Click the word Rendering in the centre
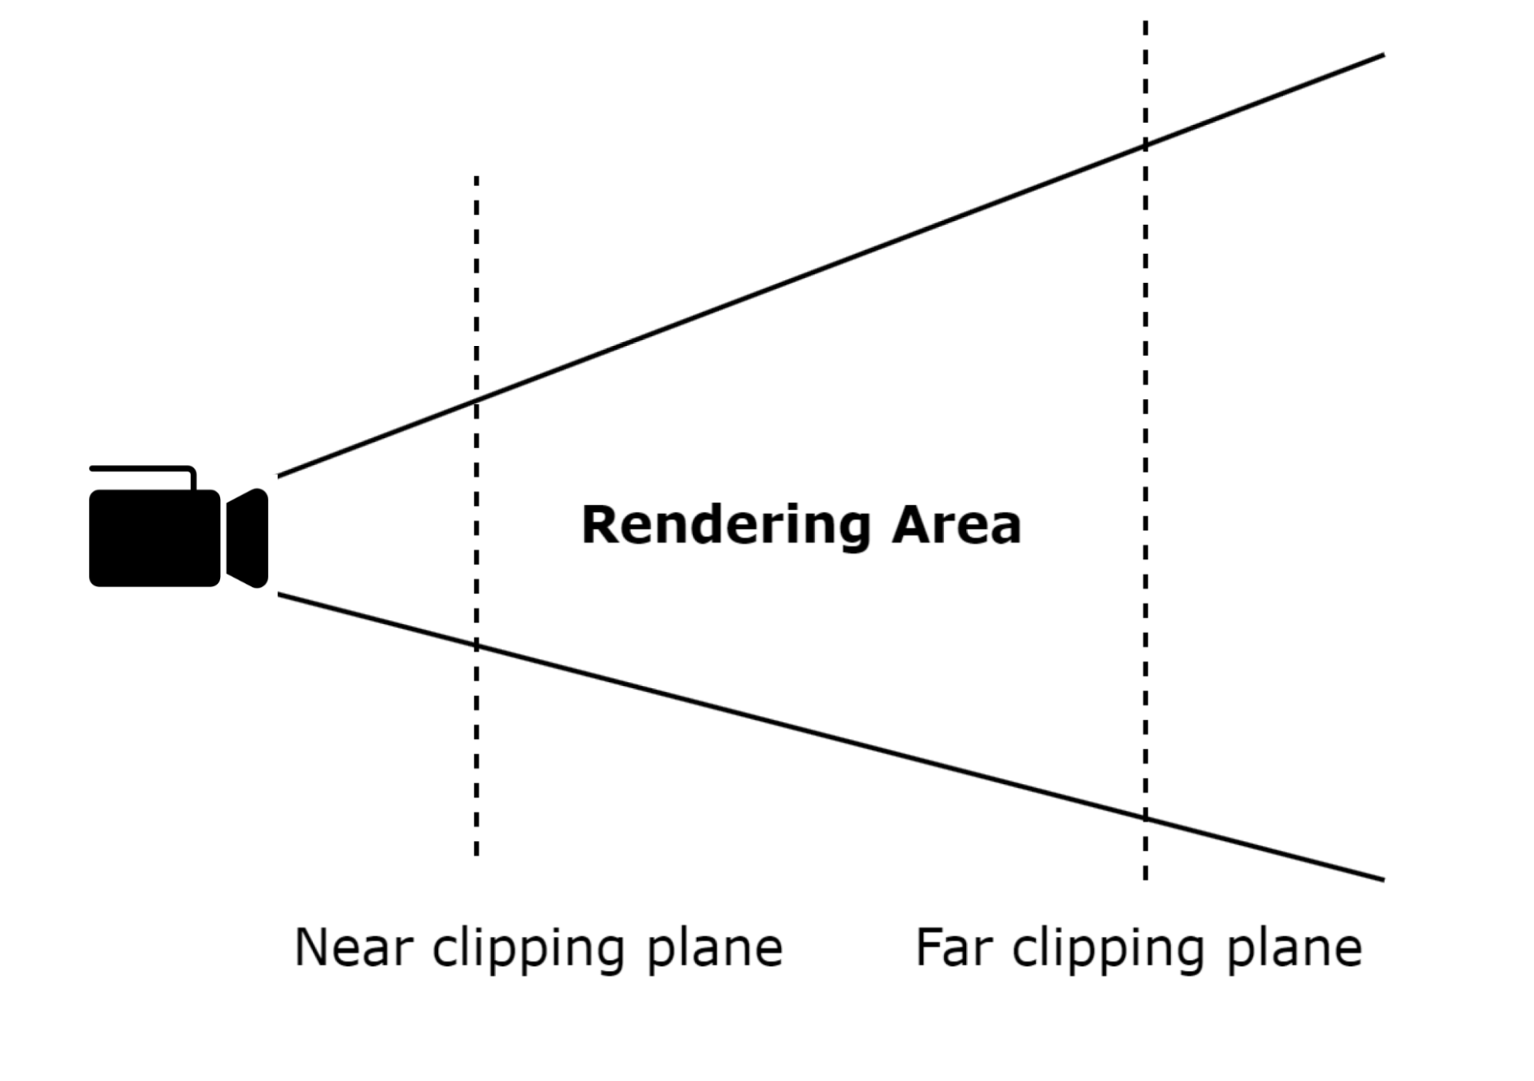pos(725,526)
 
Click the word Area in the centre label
pos(956,526)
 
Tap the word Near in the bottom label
pos(354,948)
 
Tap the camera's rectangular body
pos(155,538)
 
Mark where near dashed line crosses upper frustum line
pos(477,400)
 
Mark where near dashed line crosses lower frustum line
pos(477,645)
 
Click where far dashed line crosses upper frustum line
pos(1146,144)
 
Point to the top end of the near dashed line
pos(477,178)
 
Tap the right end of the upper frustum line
pos(1383,55)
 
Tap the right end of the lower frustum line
pos(1383,879)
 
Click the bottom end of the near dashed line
pos(477,853)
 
